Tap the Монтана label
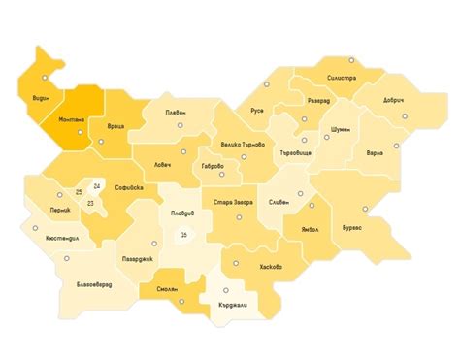[x=72, y=120]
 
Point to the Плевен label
[x=176, y=114]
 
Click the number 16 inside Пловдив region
[x=183, y=234]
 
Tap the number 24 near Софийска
[x=96, y=185]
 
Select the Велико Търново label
[x=243, y=145]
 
